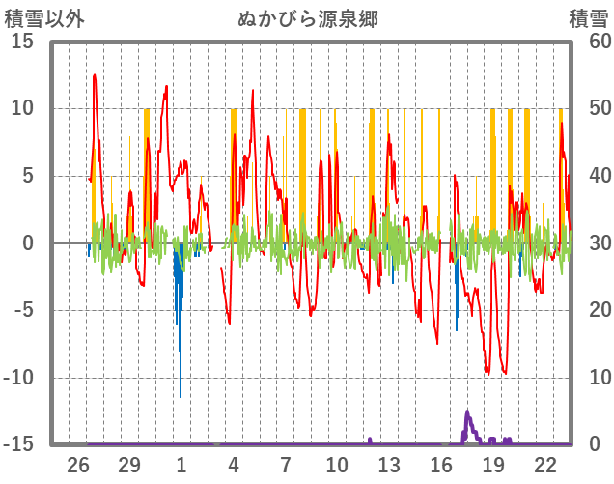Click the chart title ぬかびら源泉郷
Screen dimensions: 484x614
(x=308, y=18)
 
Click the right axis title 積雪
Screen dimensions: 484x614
(x=588, y=18)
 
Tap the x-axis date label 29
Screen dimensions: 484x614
(x=129, y=465)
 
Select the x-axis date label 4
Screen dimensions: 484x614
(x=233, y=465)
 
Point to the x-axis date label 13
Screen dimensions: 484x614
(x=388, y=465)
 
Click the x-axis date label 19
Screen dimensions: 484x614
(x=492, y=465)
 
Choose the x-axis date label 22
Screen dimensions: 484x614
(x=544, y=465)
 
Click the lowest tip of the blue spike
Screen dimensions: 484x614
(x=180, y=396)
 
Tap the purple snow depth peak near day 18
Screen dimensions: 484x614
(x=467, y=412)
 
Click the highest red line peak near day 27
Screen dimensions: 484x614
(x=95, y=75)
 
